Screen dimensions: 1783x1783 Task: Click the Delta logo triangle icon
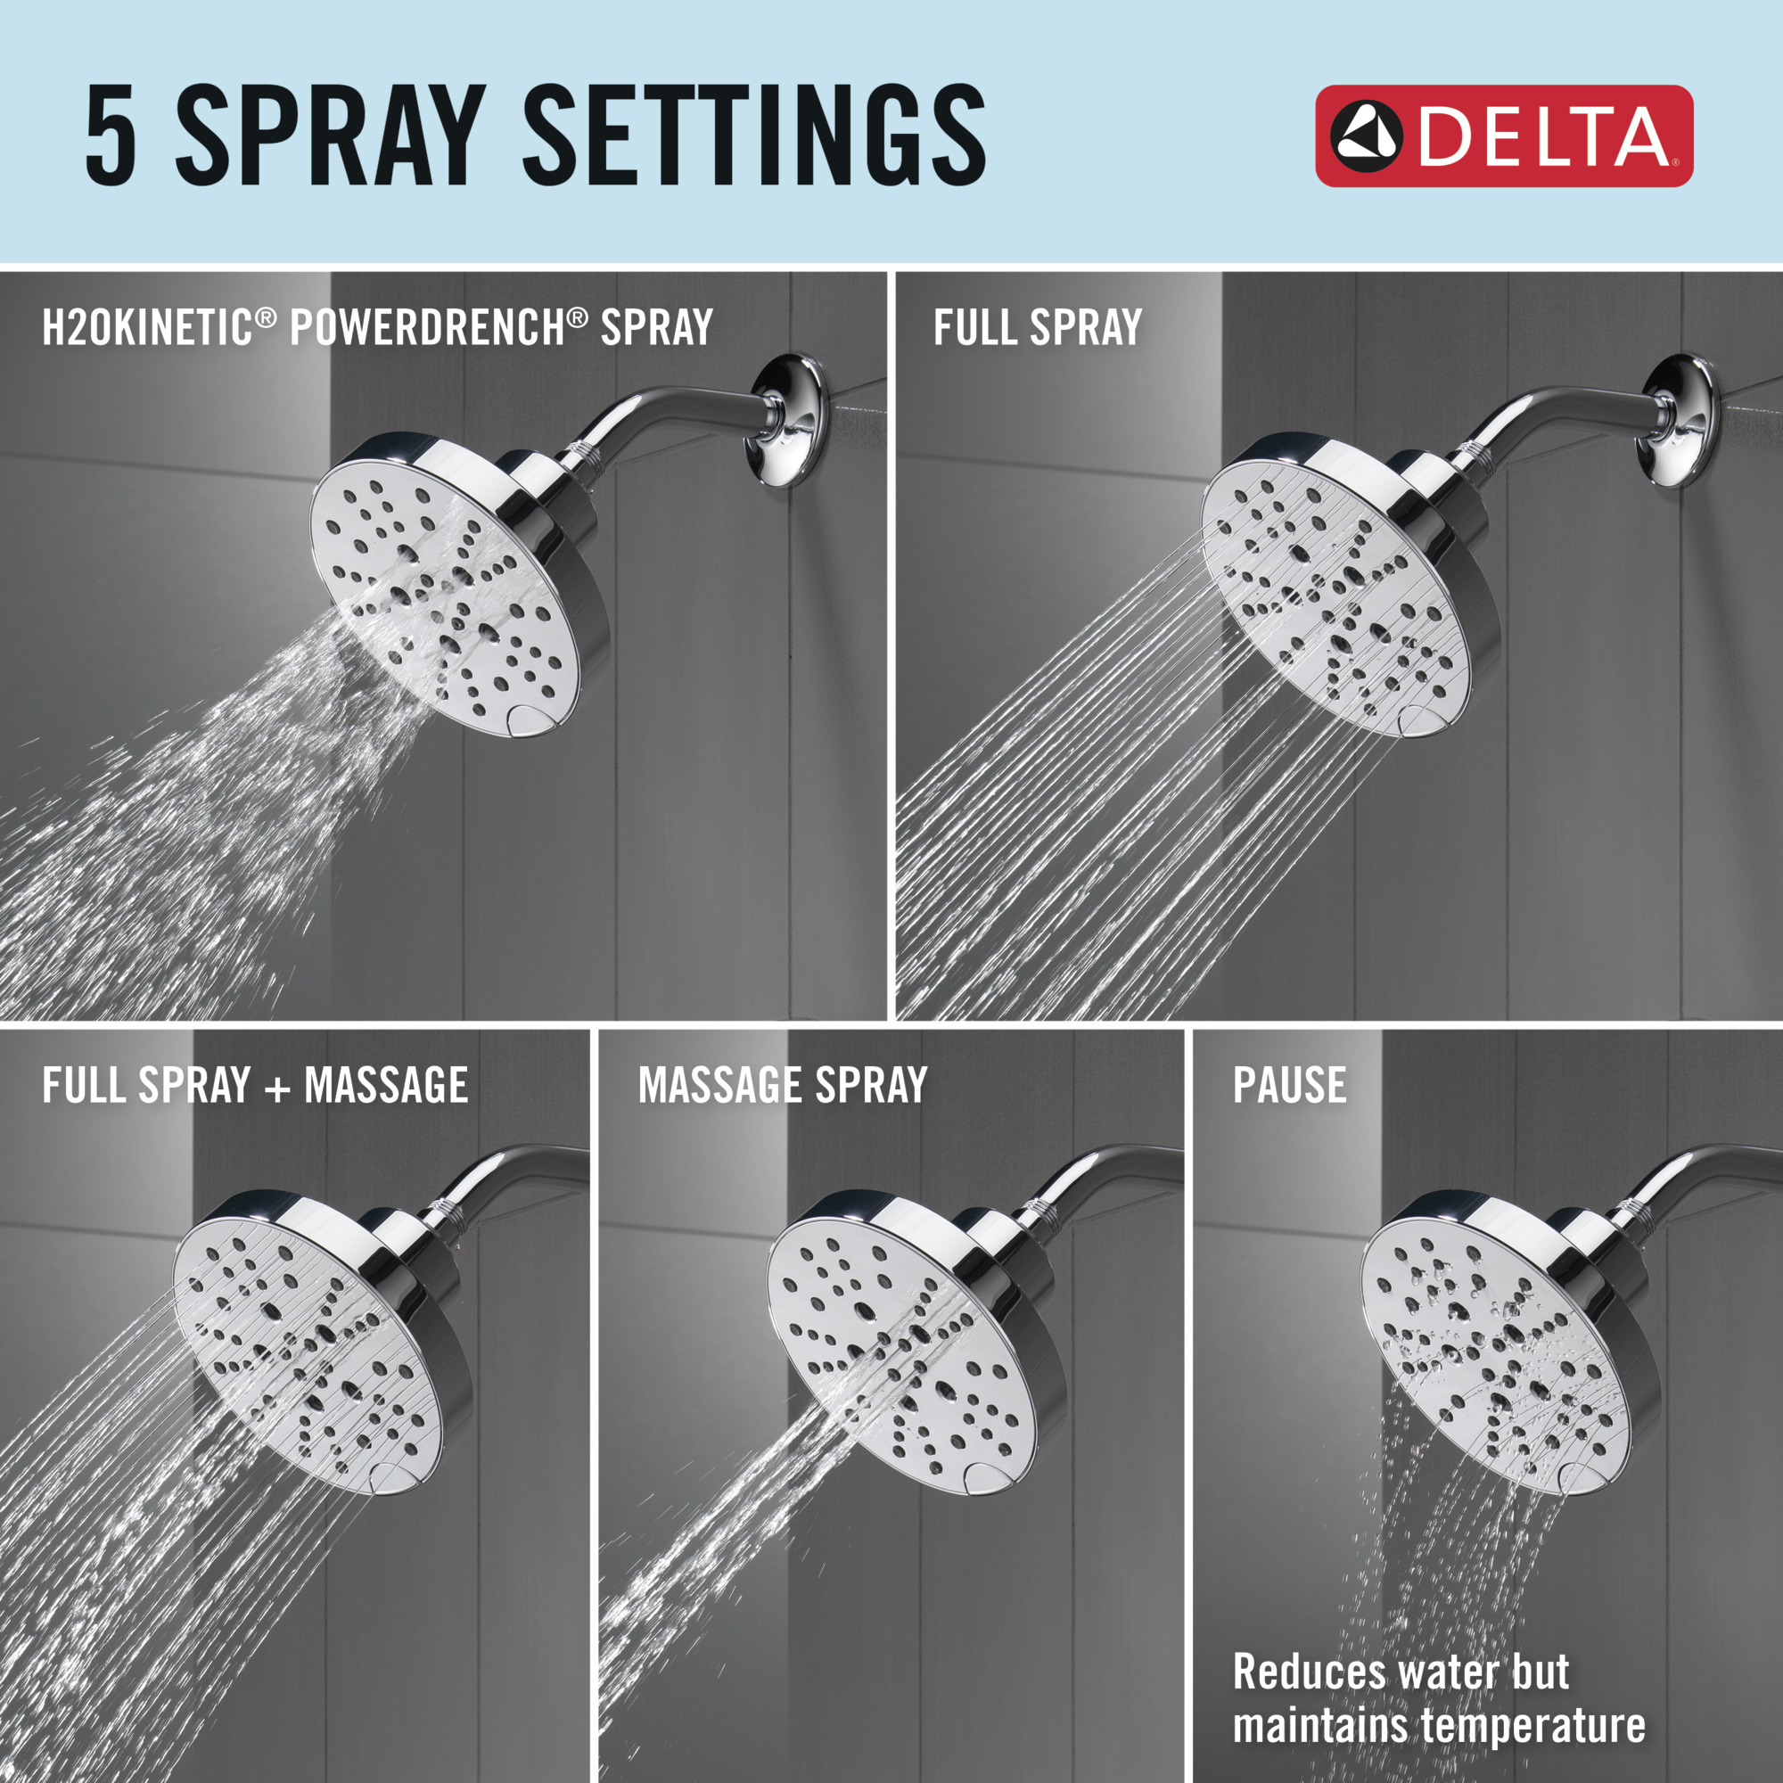pos(1367,136)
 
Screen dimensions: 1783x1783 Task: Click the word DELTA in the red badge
pos(1542,136)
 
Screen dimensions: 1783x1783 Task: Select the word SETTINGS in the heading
pos(754,134)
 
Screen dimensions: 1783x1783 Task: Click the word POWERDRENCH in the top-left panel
pos(427,327)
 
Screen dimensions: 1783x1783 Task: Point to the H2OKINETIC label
pos(148,327)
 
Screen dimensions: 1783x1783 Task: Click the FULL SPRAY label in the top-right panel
pos(1038,327)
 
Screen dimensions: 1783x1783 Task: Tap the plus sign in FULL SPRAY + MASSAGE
pos(278,1087)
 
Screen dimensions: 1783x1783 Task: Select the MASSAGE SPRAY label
pos(783,1085)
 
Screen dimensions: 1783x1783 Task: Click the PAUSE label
pos(1289,1085)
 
